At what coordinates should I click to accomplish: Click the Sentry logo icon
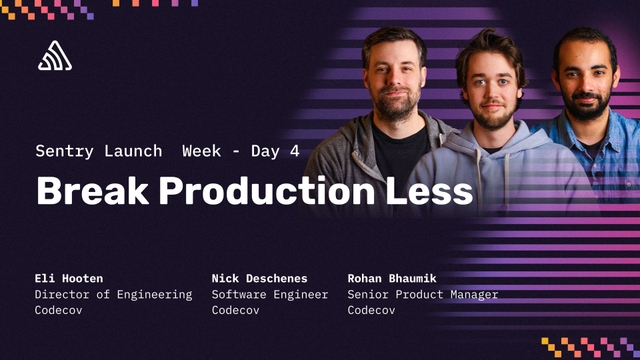click(55, 57)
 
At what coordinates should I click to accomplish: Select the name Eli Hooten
click(67, 277)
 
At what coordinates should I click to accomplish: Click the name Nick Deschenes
click(258, 277)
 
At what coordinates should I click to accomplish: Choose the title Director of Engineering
click(113, 294)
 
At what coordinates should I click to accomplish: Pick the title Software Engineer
click(269, 294)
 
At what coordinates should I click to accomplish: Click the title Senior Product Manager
click(422, 294)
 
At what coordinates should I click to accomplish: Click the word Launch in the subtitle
click(134, 151)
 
